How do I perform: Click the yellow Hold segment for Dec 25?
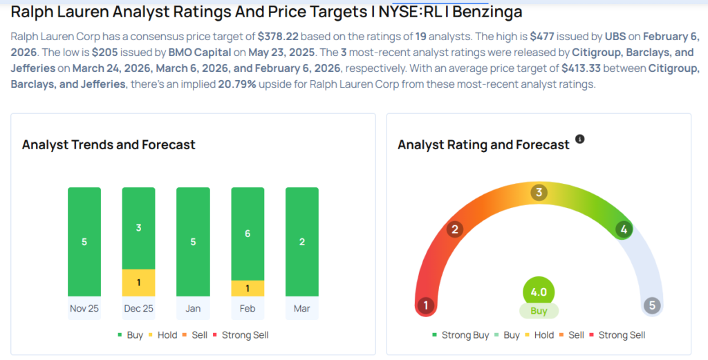point(138,283)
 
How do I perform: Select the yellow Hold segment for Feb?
point(248,288)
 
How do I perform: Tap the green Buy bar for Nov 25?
point(84,242)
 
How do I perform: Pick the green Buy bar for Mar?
point(302,242)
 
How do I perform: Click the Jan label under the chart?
point(193,308)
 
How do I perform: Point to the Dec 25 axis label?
point(138,308)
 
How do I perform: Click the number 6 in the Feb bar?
point(248,234)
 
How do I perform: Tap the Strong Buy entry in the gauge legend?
point(461,335)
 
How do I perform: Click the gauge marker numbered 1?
point(426,305)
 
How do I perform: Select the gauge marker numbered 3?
point(539,192)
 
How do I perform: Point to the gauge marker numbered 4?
point(624,229)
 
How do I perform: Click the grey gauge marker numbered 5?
point(651,305)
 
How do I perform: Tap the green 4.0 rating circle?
point(539,292)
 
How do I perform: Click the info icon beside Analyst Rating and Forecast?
point(580,139)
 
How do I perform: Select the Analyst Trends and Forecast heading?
point(109,144)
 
